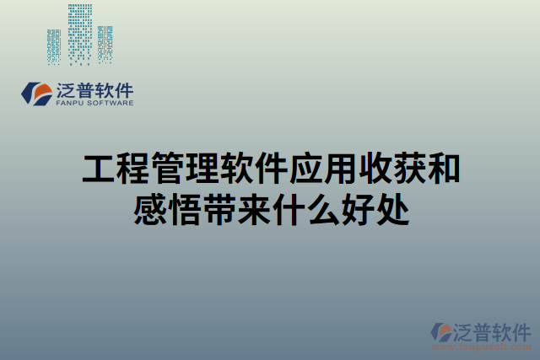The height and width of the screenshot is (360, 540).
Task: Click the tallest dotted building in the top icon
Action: [80, 34]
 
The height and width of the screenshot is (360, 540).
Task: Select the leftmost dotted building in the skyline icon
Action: [54, 46]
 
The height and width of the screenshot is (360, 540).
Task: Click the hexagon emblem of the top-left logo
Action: [36, 92]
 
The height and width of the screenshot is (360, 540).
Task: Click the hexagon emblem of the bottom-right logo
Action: [443, 333]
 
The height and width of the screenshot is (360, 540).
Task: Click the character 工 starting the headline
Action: [98, 169]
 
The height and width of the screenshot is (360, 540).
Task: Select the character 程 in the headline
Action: [132, 169]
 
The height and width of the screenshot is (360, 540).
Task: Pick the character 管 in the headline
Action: [167, 169]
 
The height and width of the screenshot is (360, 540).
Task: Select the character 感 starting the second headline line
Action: [150, 209]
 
